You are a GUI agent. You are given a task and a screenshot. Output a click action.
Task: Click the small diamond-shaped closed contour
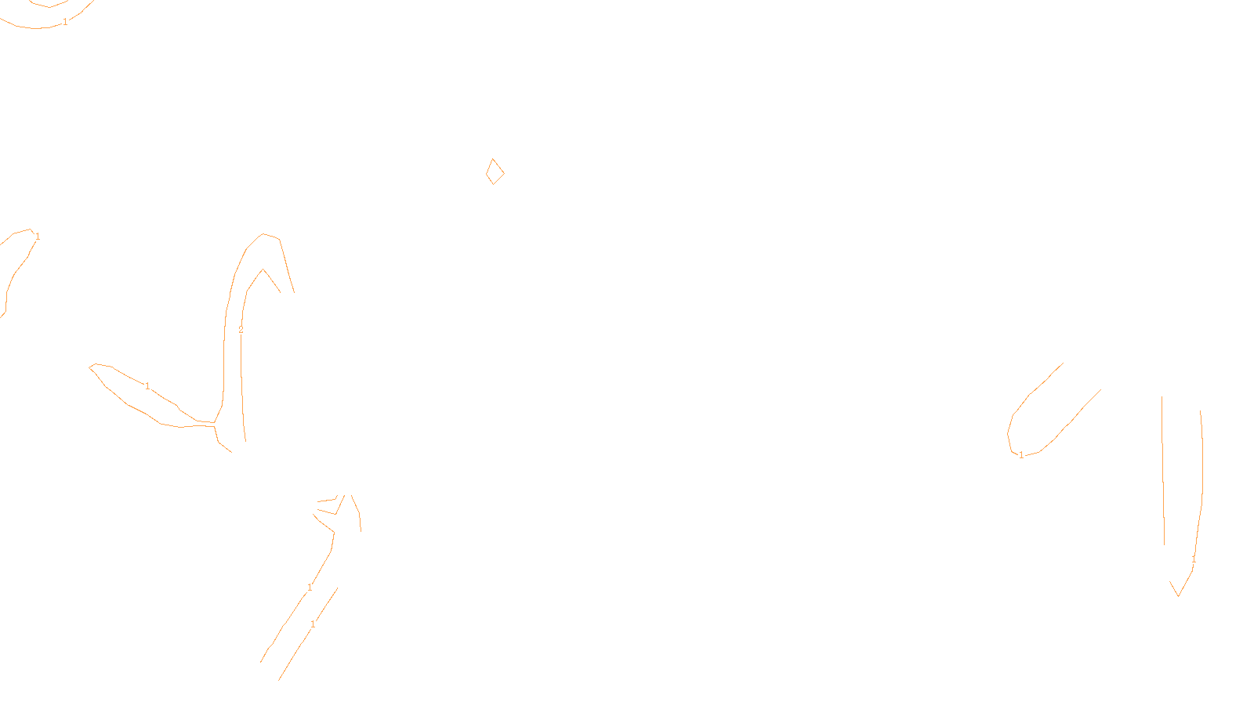pyautogui.click(x=495, y=172)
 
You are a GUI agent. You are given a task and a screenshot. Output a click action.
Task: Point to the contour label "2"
pyautogui.click(x=241, y=330)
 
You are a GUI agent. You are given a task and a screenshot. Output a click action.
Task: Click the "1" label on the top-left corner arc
pyautogui.click(x=65, y=22)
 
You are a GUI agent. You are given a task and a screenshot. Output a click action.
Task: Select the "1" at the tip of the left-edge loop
pyautogui.click(x=38, y=236)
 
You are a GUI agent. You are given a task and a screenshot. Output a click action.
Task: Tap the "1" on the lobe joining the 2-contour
pyautogui.click(x=147, y=386)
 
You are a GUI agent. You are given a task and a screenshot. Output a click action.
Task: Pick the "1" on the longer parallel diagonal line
pyautogui.click(x=310, y=587)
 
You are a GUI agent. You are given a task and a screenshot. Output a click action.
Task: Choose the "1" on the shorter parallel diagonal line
pyautogui.click(x=313, y=624)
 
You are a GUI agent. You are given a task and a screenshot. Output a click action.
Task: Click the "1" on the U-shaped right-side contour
pyautogui.click(x=1020, y=454)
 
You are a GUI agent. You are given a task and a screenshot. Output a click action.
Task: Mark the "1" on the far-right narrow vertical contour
pyautogui.click(x=1194, y=559)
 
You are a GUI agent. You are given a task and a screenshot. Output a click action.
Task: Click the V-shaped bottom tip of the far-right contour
pyautogui.click(x=1178, y=595)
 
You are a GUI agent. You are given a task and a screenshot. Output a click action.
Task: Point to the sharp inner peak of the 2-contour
pyautogui.click(x=263, y=270)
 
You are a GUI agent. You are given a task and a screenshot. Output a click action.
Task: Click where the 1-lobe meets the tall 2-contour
pyautogui.click(x=216, y=423)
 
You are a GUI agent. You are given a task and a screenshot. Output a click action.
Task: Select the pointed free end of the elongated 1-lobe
pyautogui.click(x=92, y=365)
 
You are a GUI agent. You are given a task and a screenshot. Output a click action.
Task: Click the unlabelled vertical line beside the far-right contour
pyautogui.click(x=1163, y=470)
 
